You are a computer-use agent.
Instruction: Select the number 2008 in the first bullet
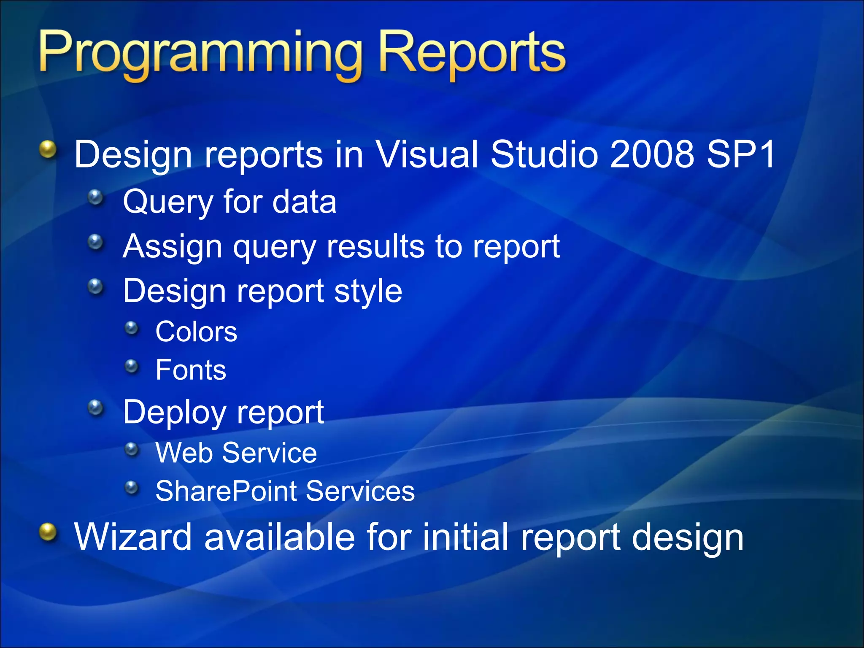click(652, 154)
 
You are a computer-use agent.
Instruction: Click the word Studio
click(545, 154)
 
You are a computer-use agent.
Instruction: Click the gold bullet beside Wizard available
click(48, 532)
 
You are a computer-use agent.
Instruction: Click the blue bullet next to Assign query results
click(96, 242)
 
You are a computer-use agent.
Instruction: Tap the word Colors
click(196, 332)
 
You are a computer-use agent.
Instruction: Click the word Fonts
click(191, 370)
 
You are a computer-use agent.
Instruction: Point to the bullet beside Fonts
click(132, 366)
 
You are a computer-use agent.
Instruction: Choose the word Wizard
click(133, 537)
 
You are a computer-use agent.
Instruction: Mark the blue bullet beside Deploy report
click(96, 407)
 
